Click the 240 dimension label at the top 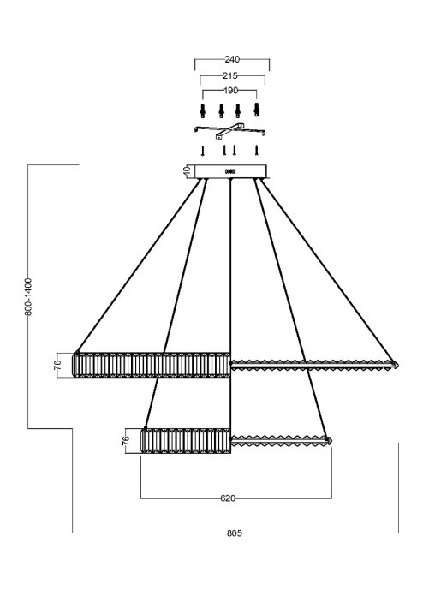[232, 59]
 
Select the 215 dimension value [230, 75]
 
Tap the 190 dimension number [230, 91]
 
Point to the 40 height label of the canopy [187, 171]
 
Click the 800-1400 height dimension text [28, 296]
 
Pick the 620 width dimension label [228, 498]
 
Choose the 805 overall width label [235, 533]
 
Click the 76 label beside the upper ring [57, 366]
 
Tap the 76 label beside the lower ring [125, 440]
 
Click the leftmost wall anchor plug [202, 110]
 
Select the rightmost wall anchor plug [256, 110]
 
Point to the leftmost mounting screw [202, 151]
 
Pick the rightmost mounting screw [256, 150]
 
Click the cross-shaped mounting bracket [230, 131]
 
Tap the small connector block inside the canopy [230, 171]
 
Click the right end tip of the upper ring [399, 365]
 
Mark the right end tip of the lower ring [331, 440]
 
